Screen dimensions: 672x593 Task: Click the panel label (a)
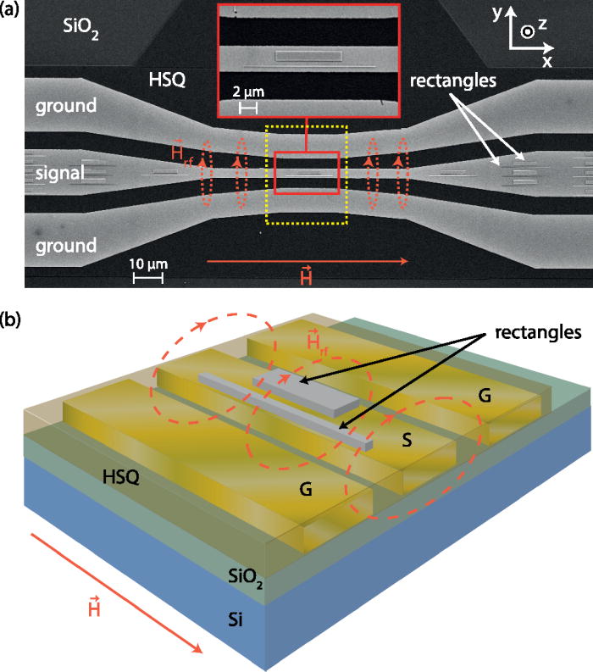[11, 11]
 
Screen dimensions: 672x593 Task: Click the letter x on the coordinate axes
[546, 61]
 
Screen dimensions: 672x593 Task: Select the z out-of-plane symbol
[527, 31]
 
